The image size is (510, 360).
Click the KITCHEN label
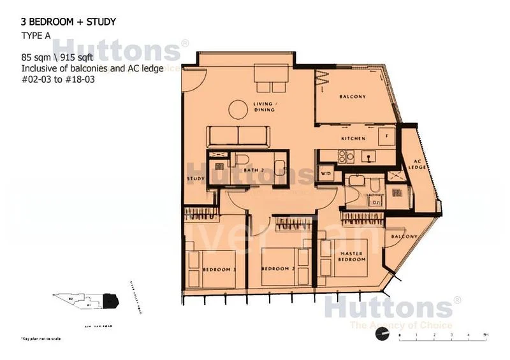[353, 138]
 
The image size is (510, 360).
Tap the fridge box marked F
[384, 135]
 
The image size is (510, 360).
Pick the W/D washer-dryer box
[325, 173]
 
